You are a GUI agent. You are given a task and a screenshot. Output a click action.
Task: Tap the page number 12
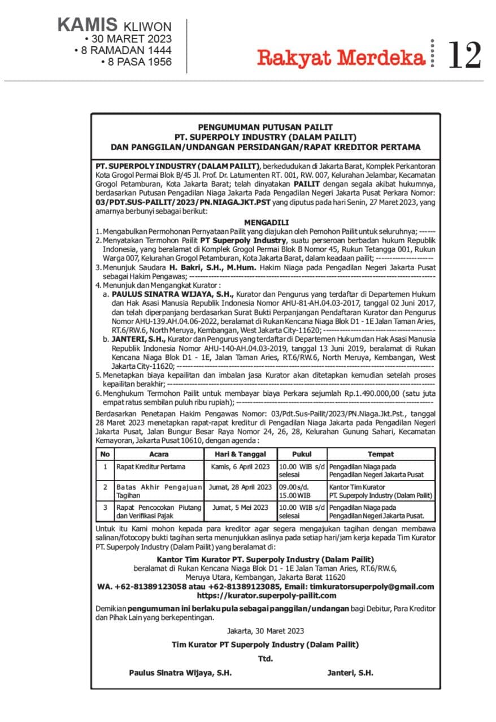464,55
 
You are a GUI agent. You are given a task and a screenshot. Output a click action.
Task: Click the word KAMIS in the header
87,25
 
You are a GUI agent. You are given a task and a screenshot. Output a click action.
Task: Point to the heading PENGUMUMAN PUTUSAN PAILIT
265,127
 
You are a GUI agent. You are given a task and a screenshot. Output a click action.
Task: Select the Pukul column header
302,454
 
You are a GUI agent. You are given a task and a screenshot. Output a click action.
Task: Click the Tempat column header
381,454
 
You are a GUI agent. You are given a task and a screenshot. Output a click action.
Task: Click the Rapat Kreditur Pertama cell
151,467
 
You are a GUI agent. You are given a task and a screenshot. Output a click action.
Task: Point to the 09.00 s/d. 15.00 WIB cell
302,491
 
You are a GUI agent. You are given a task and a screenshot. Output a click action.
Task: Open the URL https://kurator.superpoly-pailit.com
266,595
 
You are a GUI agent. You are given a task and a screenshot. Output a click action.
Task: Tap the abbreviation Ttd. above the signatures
266,658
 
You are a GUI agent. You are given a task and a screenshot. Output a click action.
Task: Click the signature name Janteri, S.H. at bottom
350,672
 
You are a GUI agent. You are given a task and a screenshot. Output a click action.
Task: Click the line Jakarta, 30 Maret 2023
266,630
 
